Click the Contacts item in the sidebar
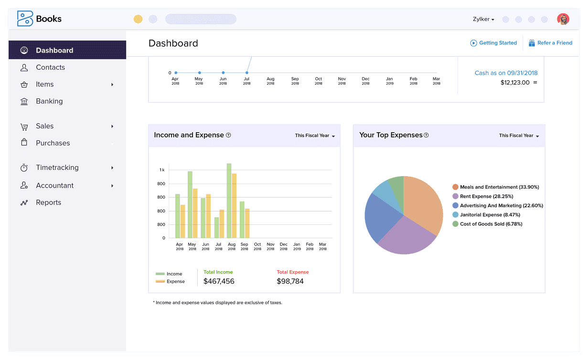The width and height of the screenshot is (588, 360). (50, 67)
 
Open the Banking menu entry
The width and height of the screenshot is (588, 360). (49, 101)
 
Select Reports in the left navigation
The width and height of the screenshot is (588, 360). (48, 202)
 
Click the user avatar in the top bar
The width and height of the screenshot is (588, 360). (563, 19)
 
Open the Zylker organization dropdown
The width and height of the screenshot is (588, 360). (483, 20)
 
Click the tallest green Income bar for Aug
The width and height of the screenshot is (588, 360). (229, 201)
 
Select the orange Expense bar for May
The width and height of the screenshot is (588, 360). (195, 213)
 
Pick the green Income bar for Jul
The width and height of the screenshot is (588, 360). (216, 227)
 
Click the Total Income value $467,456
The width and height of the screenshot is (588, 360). (219, 281)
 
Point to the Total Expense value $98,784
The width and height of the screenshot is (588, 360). (290, 281)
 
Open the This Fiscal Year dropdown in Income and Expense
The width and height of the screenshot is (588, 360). (315, 136)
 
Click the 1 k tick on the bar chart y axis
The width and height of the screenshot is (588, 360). (162, 170)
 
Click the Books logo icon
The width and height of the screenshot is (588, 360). (25, 19)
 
